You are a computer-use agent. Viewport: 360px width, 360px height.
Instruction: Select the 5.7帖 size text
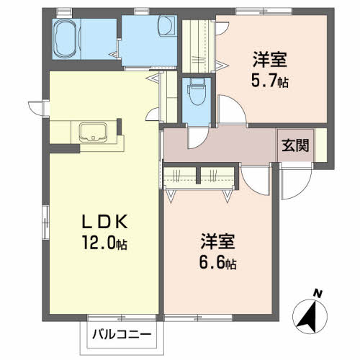click(x=271, y=82)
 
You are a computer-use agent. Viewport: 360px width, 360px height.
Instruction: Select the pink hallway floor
click(x=230, y=146)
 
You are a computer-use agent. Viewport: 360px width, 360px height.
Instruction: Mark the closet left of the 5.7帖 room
click(x=196, y=47)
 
